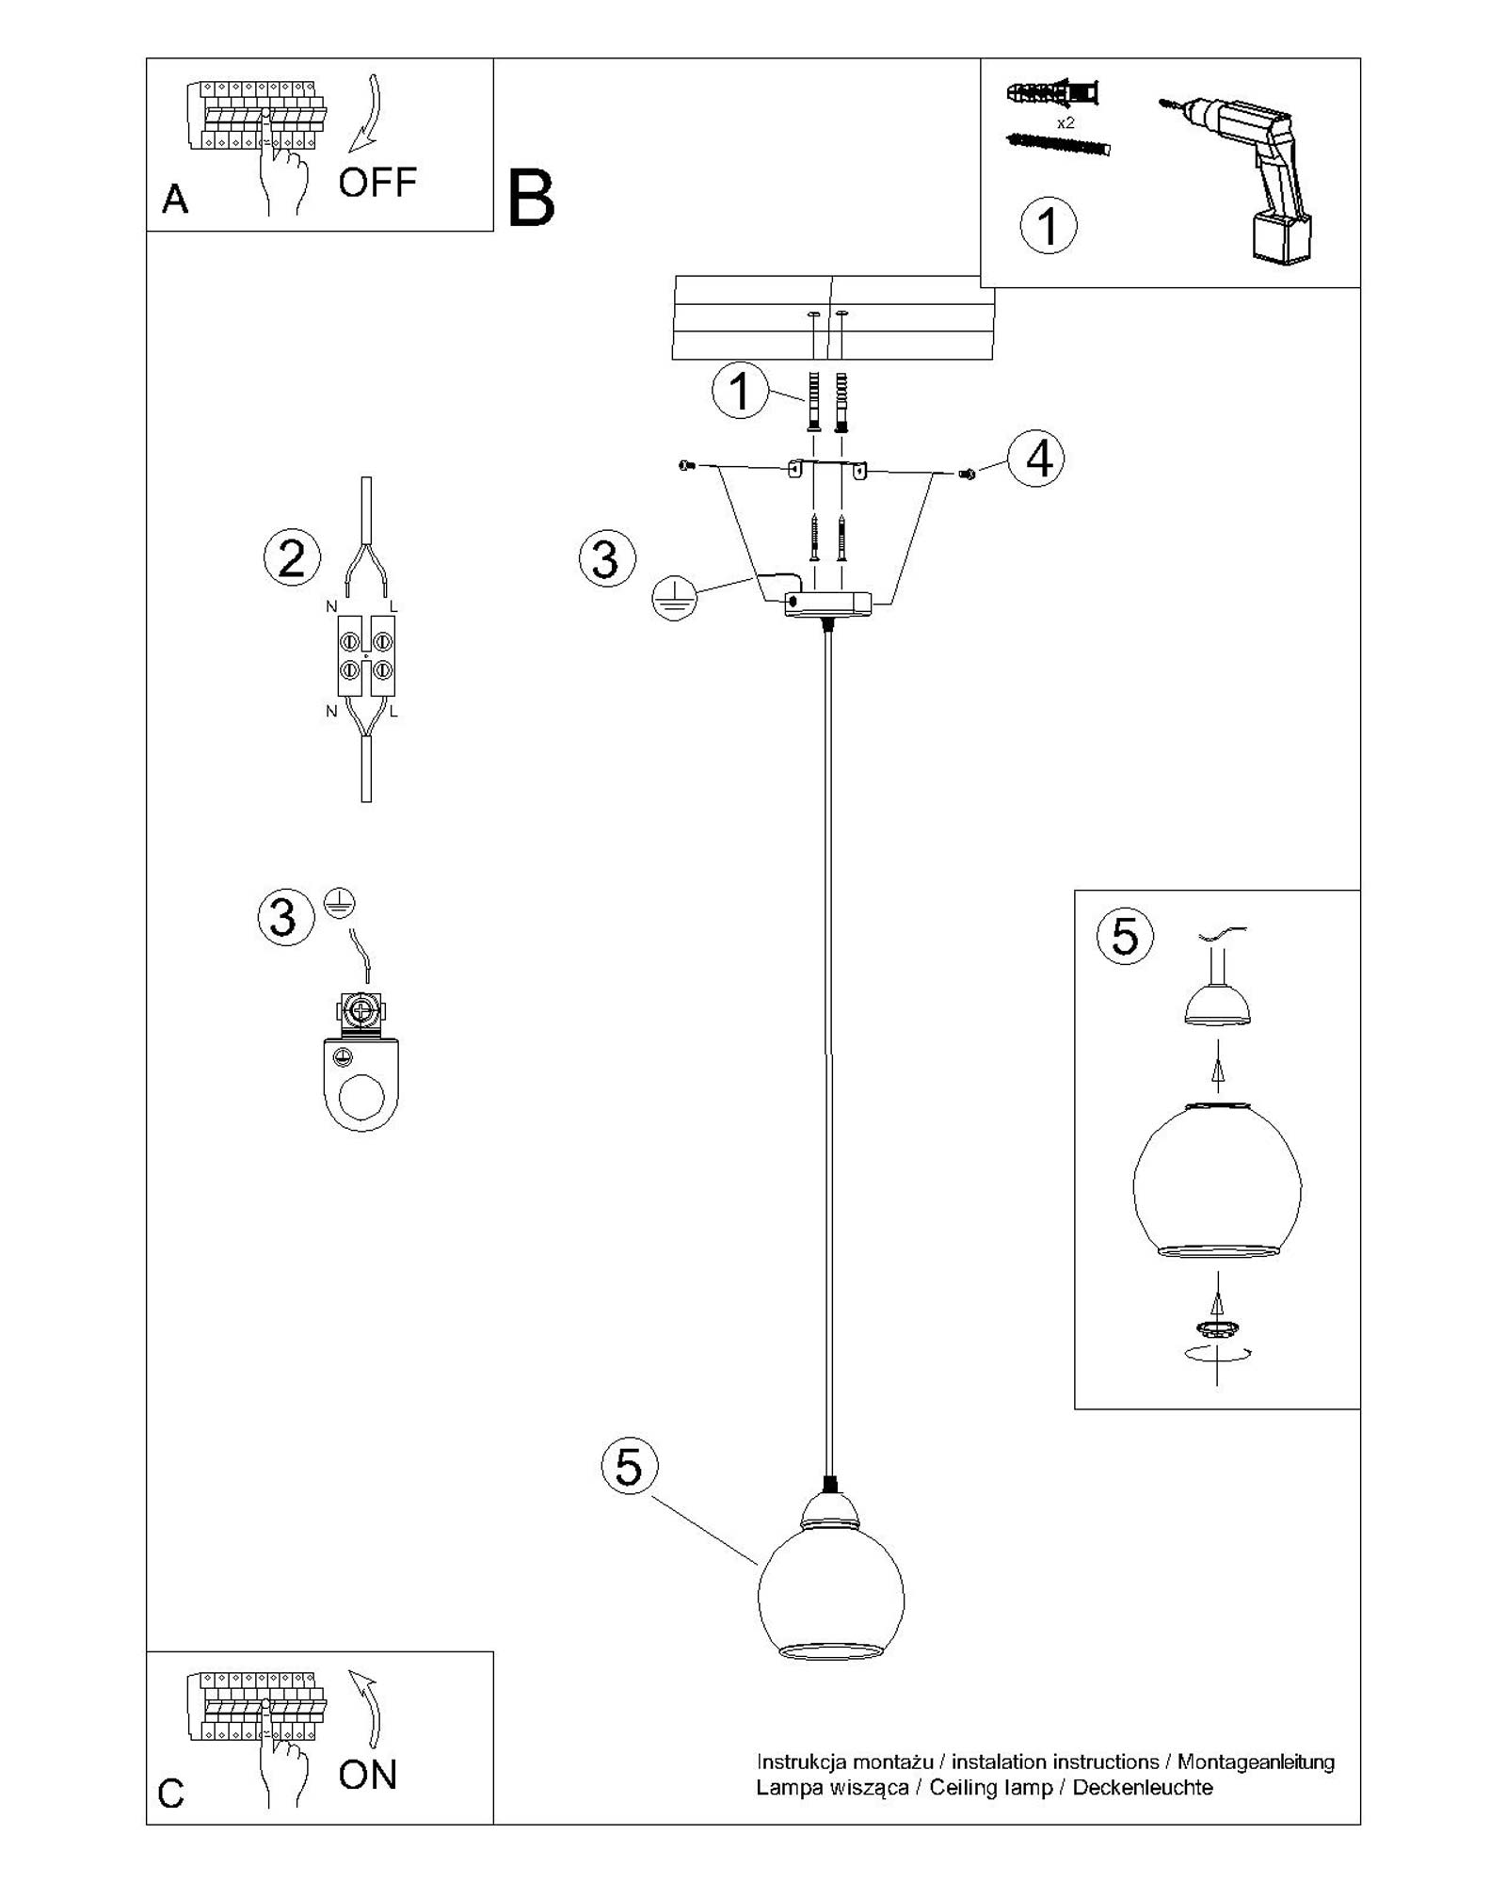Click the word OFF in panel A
pos(376,182)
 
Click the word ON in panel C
pos(367,1774)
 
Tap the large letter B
pos(531,199)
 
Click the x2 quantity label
pos(1065,123)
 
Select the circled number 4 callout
pos(1037,459)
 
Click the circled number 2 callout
pos(292,558)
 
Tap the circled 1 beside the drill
pos(1048,226)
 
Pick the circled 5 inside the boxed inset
pos(1125,938)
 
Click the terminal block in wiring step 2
pos(366,655)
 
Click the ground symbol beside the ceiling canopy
pos(675,599)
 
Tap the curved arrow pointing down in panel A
pos(370,113)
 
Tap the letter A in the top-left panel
pos(174,200)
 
